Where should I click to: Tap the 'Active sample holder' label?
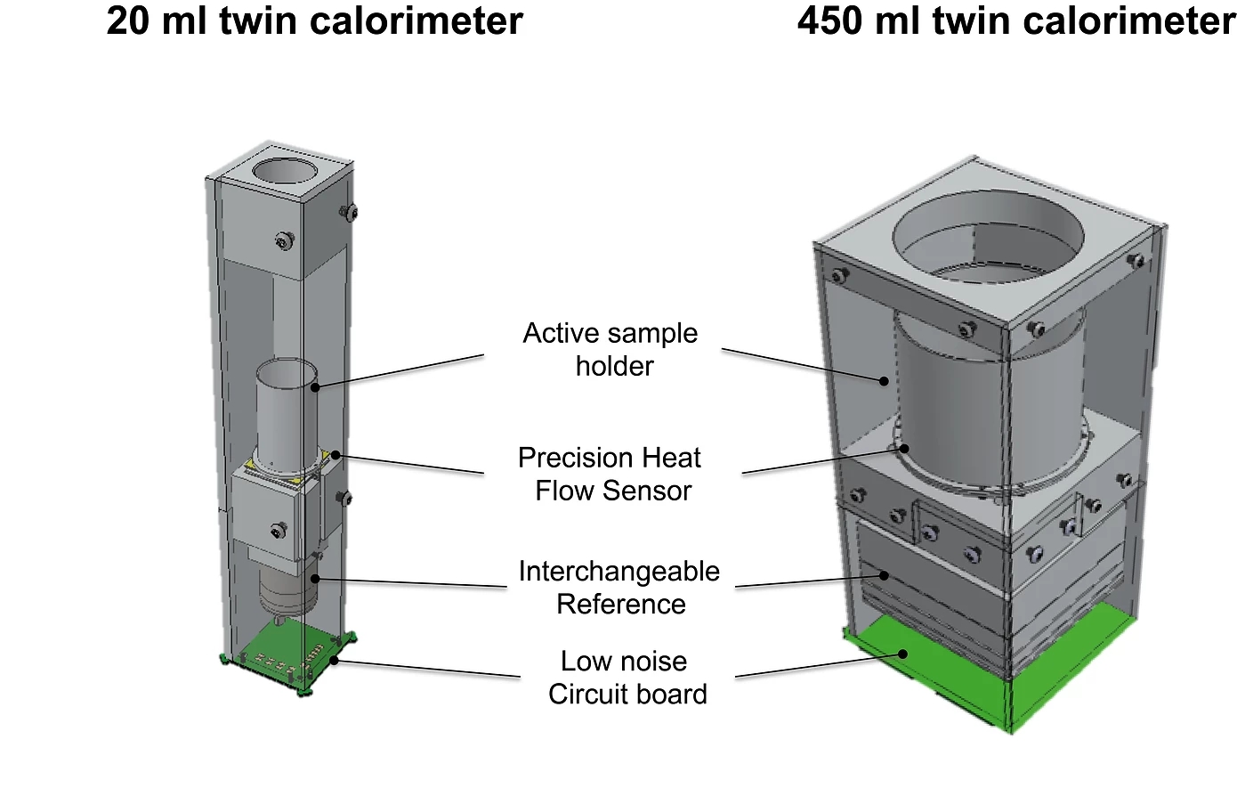point(611,349)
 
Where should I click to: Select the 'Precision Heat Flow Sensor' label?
point(610,474)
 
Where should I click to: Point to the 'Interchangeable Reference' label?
point(619,588)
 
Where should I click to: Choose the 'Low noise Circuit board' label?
point(627,678)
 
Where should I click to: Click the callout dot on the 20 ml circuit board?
point(334,660)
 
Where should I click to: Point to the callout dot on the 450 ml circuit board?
point(902,654)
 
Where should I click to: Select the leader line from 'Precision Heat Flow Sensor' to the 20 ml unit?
point(409,464)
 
